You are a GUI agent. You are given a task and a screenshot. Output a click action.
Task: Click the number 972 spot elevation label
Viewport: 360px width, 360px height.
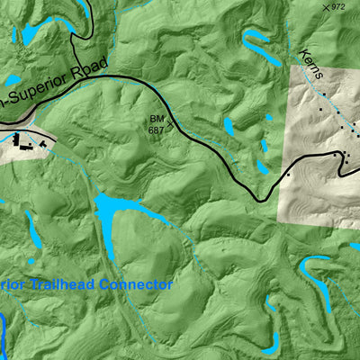[338, 7]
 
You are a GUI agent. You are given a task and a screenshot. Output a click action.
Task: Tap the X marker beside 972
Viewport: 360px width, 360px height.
[326, 7]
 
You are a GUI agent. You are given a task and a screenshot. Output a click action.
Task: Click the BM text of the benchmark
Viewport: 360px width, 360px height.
[157, 119]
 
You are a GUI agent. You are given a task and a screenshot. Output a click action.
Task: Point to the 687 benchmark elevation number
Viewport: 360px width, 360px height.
[157, 130]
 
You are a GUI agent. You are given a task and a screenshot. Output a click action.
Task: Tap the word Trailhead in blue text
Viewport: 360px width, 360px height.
[64, 284]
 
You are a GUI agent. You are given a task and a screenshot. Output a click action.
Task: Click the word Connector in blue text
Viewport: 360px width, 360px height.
[136, 284]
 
